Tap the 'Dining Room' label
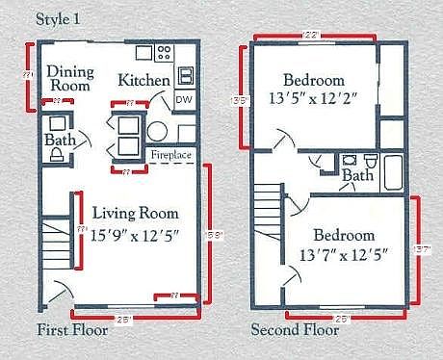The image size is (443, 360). click(69, 78)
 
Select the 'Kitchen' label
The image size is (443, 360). click(144, 81)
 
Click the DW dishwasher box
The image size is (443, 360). click(184, 99)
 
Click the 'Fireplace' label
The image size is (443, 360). click(170, 155)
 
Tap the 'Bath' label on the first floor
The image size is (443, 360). click(60, 141)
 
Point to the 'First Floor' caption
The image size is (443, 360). click(70, 331)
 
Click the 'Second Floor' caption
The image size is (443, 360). click(295, 331)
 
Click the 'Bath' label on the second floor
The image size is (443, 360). click(358, 176)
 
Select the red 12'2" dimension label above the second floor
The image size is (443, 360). click(311, 36)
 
